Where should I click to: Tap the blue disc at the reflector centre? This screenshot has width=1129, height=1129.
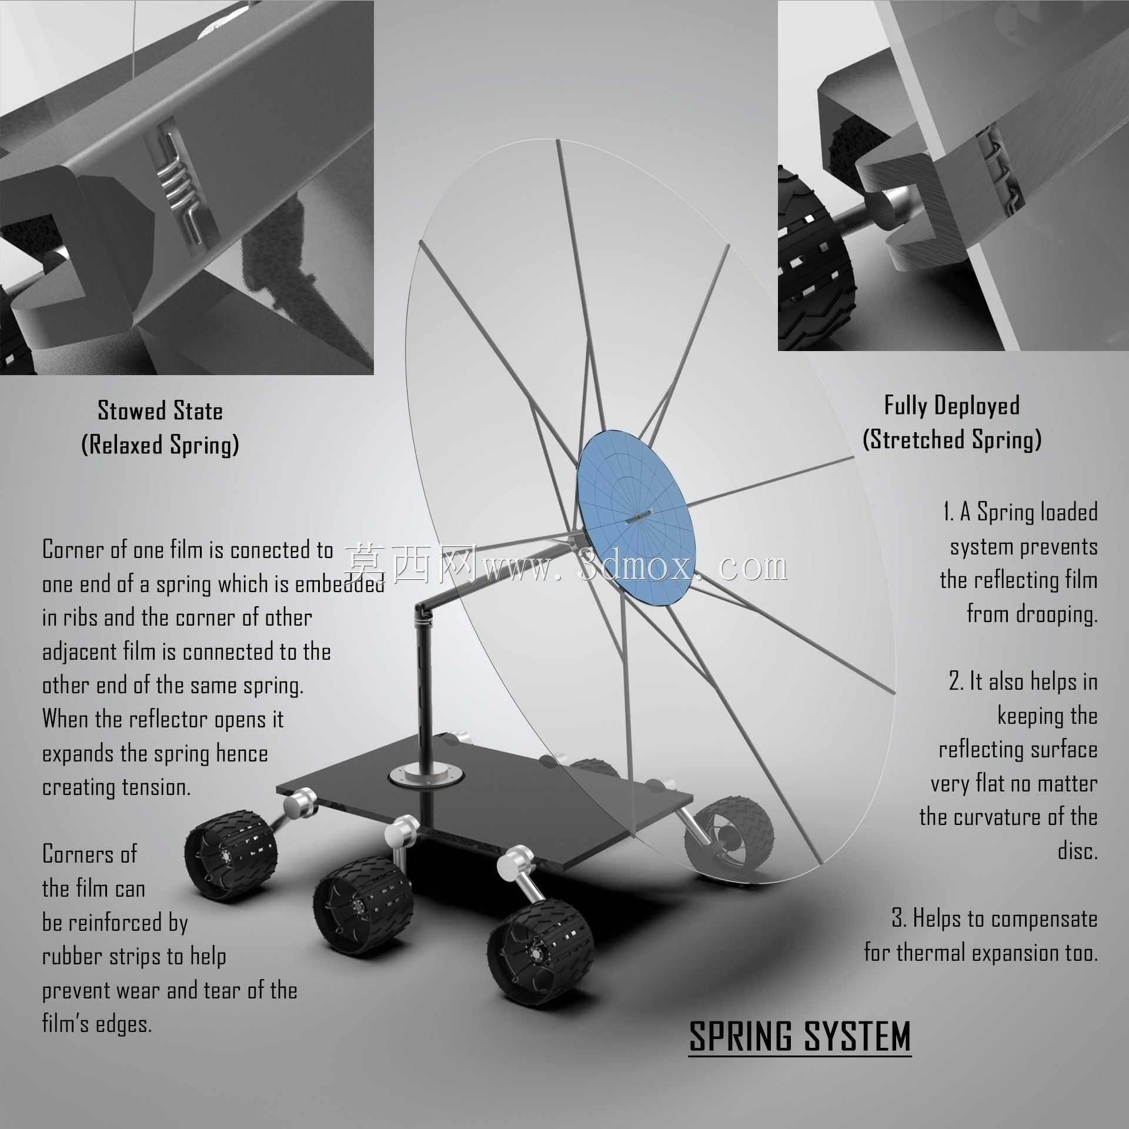tap(632, 517)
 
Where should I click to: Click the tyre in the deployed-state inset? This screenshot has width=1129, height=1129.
tap(814, 259)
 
